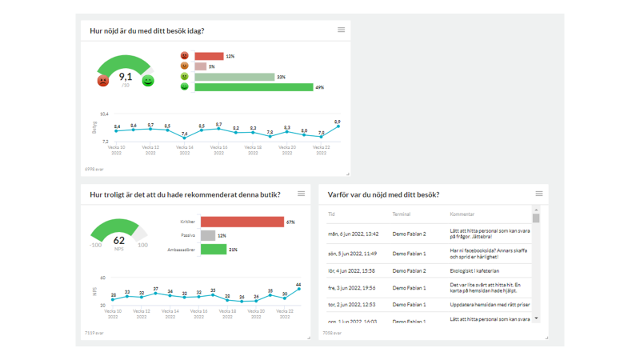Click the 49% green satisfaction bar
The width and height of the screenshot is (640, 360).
tap(253, 86)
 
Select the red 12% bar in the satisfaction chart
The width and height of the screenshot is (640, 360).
tap(209, 56)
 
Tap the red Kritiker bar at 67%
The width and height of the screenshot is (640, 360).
tap(242, 222)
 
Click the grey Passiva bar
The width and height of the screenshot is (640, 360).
tap(208, 235)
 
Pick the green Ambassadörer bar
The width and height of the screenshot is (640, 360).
tap(214, 250)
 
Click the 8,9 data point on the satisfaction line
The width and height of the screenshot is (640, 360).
tap(338, 126)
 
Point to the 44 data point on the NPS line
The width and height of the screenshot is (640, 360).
tap(298, 289)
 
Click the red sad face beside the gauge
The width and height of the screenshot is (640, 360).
tap(103, 81)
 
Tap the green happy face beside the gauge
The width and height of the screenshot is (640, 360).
tap(148, 81)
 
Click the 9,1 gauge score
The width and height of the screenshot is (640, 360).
tap(126, 77)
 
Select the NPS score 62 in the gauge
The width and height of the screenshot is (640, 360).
tap(119, 240)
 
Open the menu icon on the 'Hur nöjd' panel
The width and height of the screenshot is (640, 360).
tap(341, 30)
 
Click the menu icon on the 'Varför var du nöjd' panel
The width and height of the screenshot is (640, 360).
tap(539, 194)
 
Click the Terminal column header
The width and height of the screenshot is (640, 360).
tap(402, 214)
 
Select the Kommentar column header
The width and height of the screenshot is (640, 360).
tap(462, 214)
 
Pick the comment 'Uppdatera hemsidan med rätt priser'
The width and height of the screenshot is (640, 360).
tap(490, 305)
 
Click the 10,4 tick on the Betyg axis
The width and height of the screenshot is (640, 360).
tap(104, 114)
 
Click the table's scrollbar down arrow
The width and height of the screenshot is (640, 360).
tap(536, 318)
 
